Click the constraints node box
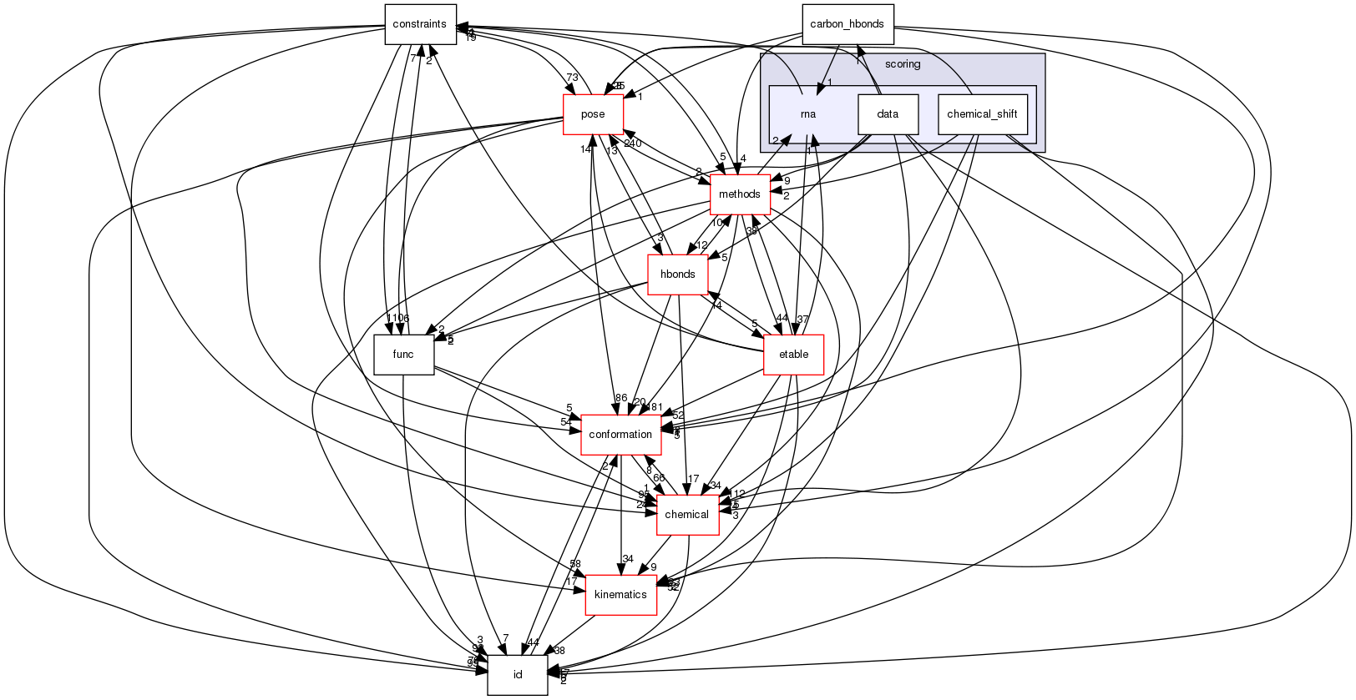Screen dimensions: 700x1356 (420, 24)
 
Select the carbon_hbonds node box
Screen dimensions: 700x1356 (847, 24)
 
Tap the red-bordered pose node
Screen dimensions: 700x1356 (593, 114)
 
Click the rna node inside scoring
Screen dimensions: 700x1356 (807, 114)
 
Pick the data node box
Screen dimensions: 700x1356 (888, 114)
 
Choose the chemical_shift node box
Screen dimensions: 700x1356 (982, 114)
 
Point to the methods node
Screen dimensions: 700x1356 (740, 194)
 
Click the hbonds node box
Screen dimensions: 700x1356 (678, 274)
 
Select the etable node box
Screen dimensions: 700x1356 (793, 355)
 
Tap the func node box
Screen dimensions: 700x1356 (403, 355)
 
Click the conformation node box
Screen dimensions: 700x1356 (620, 435)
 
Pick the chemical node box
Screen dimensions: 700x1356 (686, 515)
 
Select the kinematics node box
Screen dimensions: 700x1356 (620, 595)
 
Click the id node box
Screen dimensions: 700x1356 (518, 675)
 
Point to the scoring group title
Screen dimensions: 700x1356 (903, 64)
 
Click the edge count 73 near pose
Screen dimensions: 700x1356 (572, 78)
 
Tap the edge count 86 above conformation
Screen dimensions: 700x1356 (620, 399)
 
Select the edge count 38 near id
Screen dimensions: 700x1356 (559, 651)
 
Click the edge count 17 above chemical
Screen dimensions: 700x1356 (692, 479)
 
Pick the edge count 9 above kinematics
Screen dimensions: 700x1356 (654, 567)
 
